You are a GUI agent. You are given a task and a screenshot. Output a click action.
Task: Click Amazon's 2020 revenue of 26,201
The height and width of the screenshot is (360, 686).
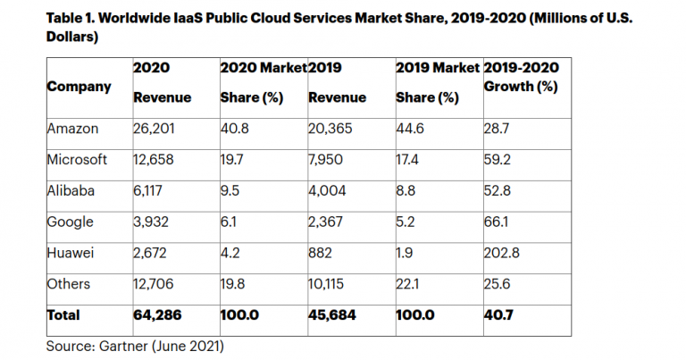(x=154, y=129)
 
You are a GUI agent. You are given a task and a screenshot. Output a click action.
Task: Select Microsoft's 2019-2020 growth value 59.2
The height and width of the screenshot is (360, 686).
(x=497, y=160)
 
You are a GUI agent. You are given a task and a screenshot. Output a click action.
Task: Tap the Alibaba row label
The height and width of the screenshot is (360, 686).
(x=71, y=190)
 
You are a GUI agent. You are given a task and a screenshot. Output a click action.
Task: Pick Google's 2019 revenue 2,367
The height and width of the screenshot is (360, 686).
(x=325, y=222)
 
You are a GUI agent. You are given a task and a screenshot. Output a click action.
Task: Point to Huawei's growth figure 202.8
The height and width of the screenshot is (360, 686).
(x=501, y=253)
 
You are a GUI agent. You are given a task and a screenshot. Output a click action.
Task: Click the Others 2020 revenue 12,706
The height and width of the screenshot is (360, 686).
(x=154, y=284)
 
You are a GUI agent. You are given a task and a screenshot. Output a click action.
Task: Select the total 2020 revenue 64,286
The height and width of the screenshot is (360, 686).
(x=157, y=315)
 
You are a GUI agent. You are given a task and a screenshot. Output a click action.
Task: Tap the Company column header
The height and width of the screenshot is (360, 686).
(x=79, y=87)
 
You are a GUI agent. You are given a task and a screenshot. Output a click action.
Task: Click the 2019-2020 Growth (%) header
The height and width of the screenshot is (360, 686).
(x=522, y=77)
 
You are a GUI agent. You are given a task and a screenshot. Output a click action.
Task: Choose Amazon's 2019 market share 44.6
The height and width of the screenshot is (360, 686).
(x=410, y=129)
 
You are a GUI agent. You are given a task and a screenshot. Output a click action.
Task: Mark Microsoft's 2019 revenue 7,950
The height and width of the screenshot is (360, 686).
(x=325, y=160)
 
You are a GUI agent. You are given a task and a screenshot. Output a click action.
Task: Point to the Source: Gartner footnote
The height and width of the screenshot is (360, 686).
(x=135, y=346)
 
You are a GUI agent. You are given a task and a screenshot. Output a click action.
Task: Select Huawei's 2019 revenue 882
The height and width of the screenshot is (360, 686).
(x=321, y=253)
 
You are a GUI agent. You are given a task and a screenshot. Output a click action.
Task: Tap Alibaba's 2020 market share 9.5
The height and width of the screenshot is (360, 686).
(x=230, y=190)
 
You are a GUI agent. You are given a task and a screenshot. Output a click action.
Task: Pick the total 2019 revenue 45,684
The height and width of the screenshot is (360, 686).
(x=332, y=315)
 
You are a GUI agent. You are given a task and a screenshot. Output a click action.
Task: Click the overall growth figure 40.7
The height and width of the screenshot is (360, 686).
(x=498, y=315)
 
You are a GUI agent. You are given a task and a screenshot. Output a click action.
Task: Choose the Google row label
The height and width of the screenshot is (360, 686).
(x=71, y=222)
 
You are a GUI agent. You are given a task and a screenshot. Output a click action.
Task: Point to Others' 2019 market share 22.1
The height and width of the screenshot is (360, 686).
(x=407, y=284)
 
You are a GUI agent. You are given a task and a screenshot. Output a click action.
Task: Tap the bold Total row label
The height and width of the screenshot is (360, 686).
(x=63, y=315)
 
